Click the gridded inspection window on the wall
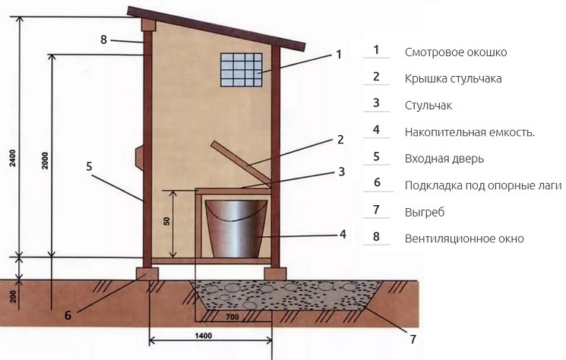click(242, 70)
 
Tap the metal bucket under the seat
click(236, 229)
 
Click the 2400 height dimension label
click(13, 158)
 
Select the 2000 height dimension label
click(45, 161)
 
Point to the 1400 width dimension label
click(203, 336)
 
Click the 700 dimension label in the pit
click(232, 317)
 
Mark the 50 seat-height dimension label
click(166, 221)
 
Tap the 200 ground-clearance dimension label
click(13, 295)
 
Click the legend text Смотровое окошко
click(456, 52)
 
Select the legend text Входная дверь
click(444, 159)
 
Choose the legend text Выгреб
click(425, 212)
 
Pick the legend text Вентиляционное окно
click(464, 238)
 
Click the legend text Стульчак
click(428, 106)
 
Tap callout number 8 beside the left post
click(103, 39)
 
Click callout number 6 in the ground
click(68, 315)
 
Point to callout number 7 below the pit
click(413, 339)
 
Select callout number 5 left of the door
click(89, 166)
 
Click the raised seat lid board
click(240, 162)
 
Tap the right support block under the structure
click(275, 273)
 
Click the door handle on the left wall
click(139, 156)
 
